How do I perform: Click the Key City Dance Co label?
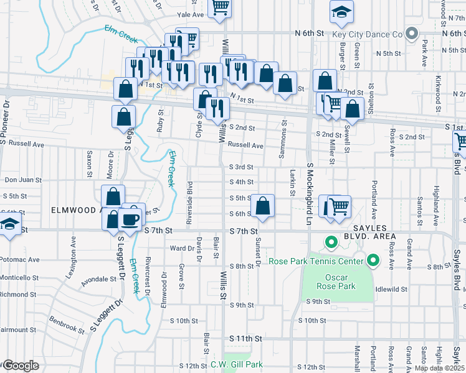368,34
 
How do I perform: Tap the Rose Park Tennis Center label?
316,261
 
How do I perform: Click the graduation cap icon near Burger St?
341,12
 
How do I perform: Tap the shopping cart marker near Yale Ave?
220,7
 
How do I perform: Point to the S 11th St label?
244,338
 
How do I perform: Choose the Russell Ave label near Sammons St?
245,145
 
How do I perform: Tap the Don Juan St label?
23,180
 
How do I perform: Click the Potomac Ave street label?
21,259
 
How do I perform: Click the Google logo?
20,366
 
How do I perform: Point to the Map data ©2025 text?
439,368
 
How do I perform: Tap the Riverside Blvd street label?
190,196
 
